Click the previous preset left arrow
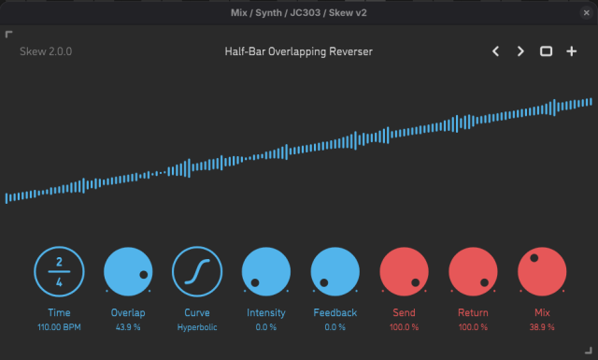(497, 51)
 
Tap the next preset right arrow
(521, 51)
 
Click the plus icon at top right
(572, 51)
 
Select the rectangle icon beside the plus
(547, 51)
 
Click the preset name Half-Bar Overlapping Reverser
(298, 51)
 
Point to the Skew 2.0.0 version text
(45, 51)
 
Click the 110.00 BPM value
(59, 327)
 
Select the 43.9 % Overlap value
(128, 327)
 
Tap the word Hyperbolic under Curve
(197, 327)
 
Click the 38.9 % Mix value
(542, 327)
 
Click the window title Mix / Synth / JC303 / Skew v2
(298, 12)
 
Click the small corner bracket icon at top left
(9, 35)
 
